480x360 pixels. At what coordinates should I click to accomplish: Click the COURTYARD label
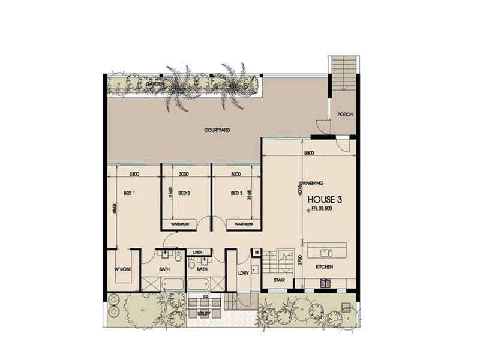tap(217, 130)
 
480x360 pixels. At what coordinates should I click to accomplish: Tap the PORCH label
tap(344, 115)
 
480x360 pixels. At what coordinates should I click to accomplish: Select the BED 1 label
tap(128, 193)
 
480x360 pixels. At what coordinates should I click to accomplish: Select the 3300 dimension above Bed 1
tap(134, 174)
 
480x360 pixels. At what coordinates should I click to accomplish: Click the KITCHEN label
tap(324, 266)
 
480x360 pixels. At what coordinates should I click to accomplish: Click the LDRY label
tap(243, 274)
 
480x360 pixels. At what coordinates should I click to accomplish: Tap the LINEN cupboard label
tap(197, 252)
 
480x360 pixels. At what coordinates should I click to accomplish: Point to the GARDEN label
tap(155, 85)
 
